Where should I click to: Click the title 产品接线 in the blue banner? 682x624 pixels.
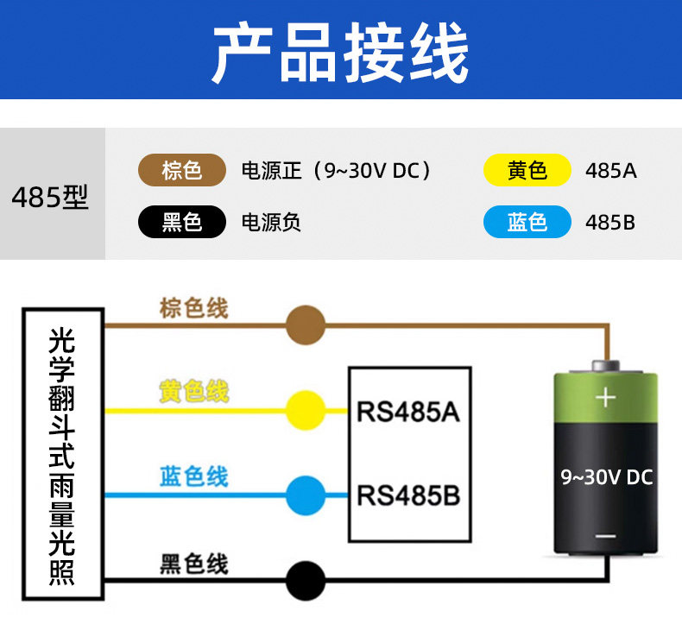point(340,52)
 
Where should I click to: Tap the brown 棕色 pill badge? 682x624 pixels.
point(182,170)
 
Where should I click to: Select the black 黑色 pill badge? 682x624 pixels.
point(182,222)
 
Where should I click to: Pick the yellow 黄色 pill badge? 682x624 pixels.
point(527,170)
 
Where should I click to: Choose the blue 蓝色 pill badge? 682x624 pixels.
point(527,222)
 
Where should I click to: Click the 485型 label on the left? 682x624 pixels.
point(50,197)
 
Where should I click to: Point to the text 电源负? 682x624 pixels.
point(271,222)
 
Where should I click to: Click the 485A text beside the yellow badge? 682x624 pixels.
point(610,171)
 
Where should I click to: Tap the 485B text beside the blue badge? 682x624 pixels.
point(609,222)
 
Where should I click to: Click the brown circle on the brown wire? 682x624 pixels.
point(306,325)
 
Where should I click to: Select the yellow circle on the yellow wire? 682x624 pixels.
point(306,411)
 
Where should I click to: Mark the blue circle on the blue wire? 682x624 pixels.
point(306,495)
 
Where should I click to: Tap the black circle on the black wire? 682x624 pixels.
point(306,581)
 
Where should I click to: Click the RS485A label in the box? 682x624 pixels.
point(408,412)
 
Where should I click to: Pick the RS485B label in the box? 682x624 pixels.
point(408,495)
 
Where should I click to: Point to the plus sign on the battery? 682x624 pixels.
point(605,398)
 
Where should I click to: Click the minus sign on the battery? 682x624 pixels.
point(605,536)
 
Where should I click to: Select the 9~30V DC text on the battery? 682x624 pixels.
point(606,477)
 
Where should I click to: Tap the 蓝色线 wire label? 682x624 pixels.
point(194,476)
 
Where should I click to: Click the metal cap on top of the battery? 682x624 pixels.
point(605,366)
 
